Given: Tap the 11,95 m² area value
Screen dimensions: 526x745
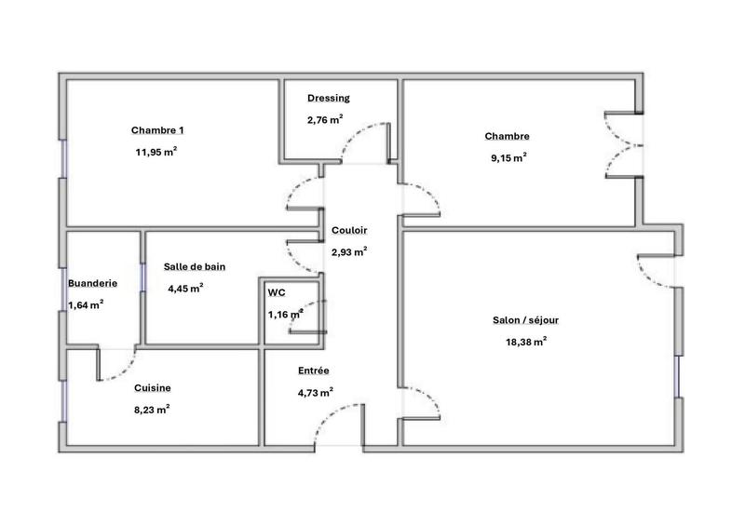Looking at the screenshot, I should pos(156,152).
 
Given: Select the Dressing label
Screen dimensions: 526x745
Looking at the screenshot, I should pos(328,97).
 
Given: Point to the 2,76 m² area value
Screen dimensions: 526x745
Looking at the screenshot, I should pos(325,119).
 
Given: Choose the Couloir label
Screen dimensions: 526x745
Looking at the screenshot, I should pos(349,230).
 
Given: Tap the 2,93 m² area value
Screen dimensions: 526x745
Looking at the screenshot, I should pos(349,251).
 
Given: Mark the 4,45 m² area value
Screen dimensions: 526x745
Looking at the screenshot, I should pos(186,289).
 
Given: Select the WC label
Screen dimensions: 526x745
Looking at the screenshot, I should pos(277,292).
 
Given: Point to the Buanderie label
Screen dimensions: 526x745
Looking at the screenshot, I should pos(91,283).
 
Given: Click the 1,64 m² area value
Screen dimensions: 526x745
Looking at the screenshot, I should pos(85,304).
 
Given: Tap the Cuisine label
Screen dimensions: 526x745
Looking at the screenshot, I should pos(153,387).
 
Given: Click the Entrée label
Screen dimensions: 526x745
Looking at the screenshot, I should pos(313,370).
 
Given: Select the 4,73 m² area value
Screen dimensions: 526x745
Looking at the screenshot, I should pos(316,392).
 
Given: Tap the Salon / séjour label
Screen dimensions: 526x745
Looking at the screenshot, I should pos(525,320).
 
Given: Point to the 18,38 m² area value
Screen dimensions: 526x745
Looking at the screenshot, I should pos(526,342).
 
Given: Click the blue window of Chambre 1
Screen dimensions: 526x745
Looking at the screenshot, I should pos(63,158).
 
